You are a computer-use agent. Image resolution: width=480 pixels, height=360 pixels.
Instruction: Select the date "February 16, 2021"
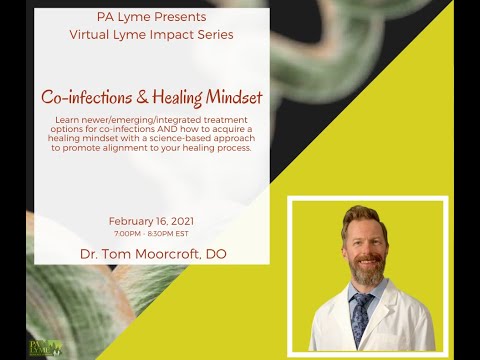pos(151,220)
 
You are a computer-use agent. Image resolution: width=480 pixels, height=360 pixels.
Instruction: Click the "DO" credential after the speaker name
pos(215,254)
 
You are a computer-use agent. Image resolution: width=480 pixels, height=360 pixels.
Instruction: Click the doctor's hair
pos(362,216)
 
